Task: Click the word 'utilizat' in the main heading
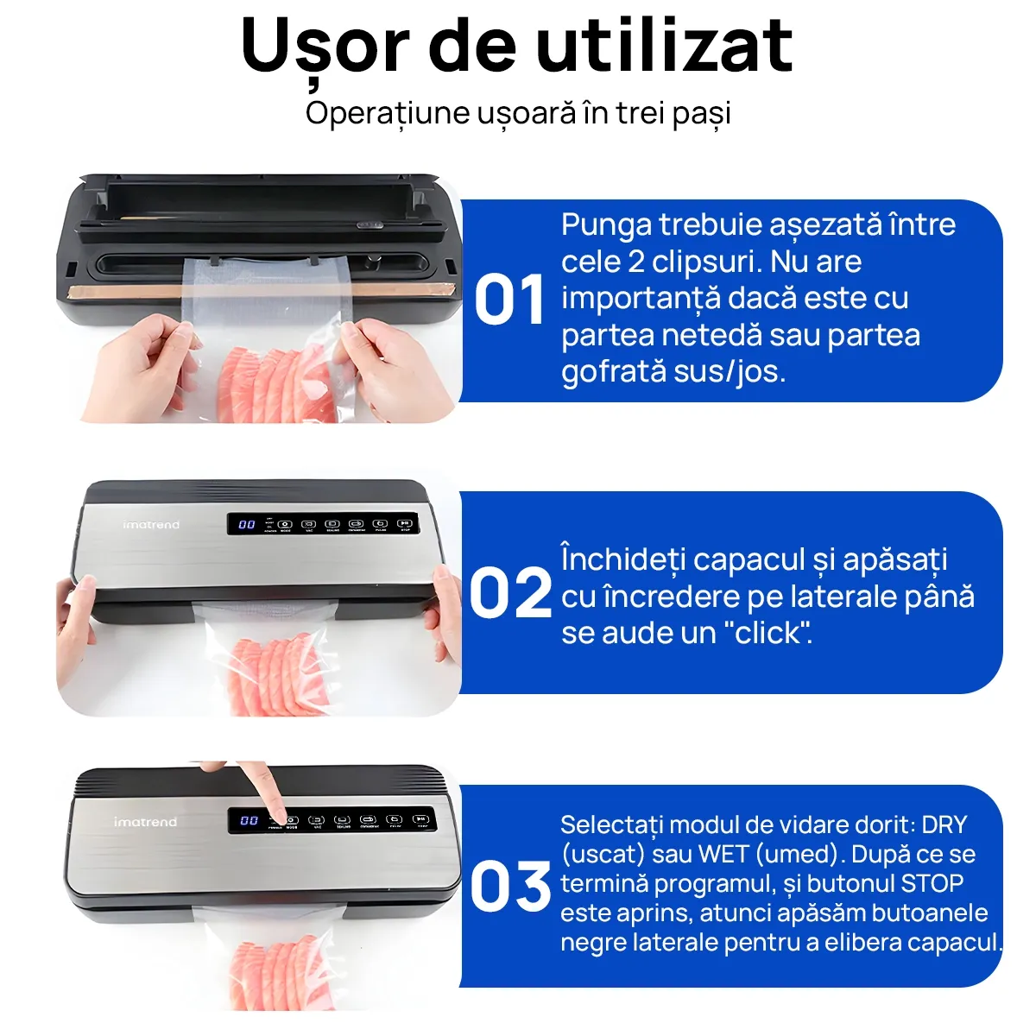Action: coord(664,45)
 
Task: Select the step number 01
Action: coord(509,300)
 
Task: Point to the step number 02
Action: coord(510,593)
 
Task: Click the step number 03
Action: coord(510,887)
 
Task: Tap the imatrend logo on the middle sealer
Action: coord(151,524)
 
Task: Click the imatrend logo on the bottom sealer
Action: coord(145,822)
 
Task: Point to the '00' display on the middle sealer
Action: coord(247,524)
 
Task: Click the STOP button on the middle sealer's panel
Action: coord(405,524)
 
